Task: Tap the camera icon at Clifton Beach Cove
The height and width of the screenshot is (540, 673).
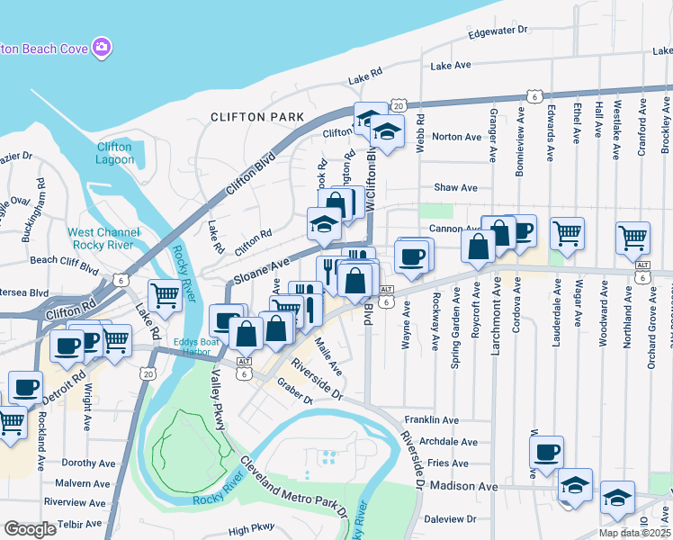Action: coord(102,46)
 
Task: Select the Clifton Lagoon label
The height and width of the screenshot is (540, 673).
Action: coord(114,153)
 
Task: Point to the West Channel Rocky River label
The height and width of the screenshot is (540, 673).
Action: coord(101,238)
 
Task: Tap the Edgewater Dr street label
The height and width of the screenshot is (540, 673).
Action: coord(498,31)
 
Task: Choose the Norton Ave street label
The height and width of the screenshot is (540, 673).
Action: coord(457,137)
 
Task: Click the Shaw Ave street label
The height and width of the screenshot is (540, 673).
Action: coord(455,188)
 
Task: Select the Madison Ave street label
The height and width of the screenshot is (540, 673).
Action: coord(463,486)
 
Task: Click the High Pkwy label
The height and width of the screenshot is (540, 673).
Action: coord(251,531)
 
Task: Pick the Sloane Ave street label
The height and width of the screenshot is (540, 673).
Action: coord(261,269)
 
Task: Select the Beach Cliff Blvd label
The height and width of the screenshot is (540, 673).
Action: coord(64,260)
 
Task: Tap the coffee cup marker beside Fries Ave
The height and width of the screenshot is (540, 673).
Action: coord(547,453)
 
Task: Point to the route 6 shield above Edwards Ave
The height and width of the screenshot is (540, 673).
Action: coord(534,95)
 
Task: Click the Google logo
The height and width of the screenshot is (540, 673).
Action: coord(30,529)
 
